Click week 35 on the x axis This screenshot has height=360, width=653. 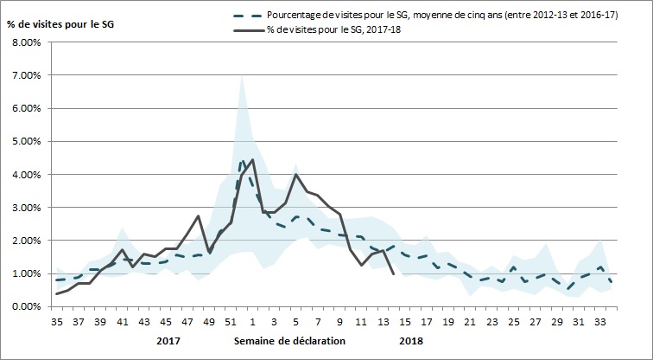[58, 320]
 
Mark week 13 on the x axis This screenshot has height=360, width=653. [383, 320]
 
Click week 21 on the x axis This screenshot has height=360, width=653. [469, 320]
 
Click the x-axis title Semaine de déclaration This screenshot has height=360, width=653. [289, 340]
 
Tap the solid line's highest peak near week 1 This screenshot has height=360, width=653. [252, 160]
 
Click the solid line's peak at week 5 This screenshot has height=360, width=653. [296, 175]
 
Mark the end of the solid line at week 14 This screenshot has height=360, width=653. [394, 273]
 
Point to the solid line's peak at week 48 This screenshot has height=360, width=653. [199, 216]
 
